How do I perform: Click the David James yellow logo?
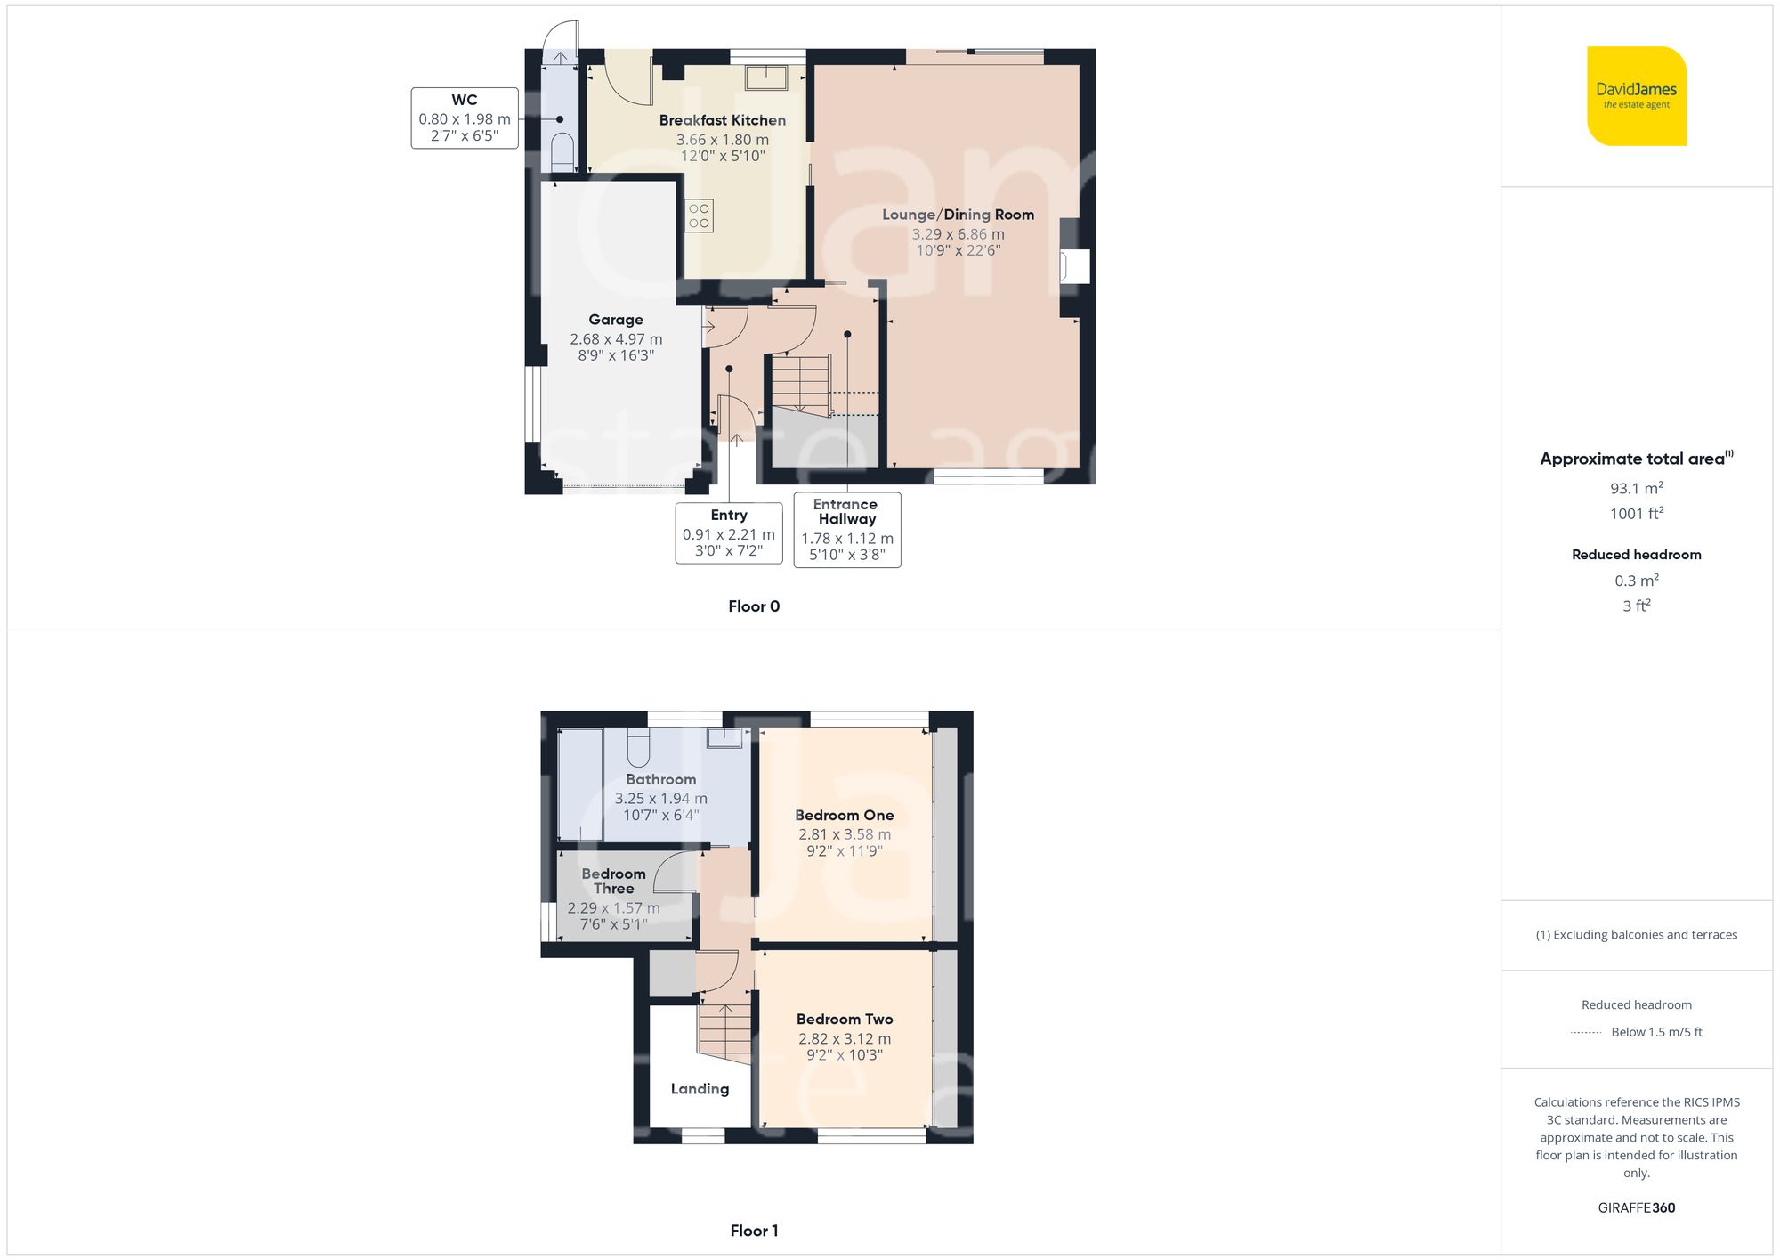1636,96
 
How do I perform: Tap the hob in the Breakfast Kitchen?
699,216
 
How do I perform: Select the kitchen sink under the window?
765,77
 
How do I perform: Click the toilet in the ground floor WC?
562,154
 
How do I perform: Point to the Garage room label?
615,320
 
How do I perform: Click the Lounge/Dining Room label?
958,215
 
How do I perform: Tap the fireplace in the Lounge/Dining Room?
1074,267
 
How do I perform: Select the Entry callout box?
729,532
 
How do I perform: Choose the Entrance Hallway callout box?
846,530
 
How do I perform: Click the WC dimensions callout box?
465,118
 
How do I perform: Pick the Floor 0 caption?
754,606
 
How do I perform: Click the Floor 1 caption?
754,1231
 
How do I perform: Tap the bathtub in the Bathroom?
579,784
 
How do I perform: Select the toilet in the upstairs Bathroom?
638,749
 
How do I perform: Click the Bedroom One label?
844,815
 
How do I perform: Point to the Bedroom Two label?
844,1019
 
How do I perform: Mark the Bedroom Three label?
613,881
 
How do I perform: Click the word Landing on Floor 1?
700,1088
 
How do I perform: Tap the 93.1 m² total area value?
1636,488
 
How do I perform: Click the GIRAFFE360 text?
1636,1207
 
